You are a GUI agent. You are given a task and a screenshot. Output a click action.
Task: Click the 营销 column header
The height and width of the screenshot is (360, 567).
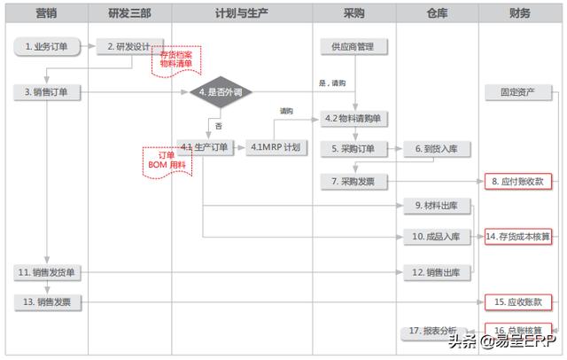coord(47,13)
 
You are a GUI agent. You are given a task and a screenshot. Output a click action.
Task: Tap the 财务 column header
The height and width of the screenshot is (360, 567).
coord(520,13)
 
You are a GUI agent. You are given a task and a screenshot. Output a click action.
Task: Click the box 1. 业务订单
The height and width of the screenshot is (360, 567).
coord(45,46)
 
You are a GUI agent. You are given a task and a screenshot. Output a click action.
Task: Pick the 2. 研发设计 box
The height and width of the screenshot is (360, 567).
coord(129,46)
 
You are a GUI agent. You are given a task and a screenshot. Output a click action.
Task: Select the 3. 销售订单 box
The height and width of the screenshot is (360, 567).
coord(45,90)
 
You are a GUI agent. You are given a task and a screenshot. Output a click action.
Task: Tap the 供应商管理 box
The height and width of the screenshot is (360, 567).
coord(354,46)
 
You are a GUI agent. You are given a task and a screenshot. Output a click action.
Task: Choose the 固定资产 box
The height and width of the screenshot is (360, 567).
coord(518,91)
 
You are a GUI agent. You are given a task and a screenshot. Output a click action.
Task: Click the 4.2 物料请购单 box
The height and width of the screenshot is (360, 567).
coord(354,118)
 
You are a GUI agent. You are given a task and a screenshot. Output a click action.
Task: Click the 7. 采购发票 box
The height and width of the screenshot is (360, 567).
coord(354,181)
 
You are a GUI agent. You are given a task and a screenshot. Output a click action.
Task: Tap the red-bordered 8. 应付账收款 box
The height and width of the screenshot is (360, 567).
coord(518,181)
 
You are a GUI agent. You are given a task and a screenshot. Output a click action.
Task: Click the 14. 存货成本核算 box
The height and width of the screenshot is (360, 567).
coord(518,237)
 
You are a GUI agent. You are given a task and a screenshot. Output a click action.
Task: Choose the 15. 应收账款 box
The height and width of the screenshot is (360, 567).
coord(518,302)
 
